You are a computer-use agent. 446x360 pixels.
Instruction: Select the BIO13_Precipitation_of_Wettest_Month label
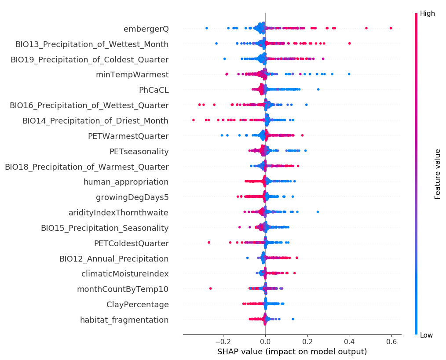click(92, 44)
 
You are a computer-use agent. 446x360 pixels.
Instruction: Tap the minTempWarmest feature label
click(132, 75)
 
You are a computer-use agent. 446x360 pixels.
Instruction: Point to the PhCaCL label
click(154, 90)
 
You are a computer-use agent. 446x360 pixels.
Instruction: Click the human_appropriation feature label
click(126, 182)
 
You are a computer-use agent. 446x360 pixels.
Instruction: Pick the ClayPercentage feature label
click(137, 305)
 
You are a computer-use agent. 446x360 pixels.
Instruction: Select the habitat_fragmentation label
click(124, 320)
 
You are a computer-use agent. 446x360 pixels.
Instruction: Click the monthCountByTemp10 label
click(123, 289)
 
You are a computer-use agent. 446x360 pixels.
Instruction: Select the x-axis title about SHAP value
click(292, 352)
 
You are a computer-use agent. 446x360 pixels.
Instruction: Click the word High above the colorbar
click(427, 14)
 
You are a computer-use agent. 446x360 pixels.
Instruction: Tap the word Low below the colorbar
click(426, 335)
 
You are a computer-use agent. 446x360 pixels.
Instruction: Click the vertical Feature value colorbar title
click(438, 174)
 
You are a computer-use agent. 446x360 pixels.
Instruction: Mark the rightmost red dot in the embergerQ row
click(391, 28)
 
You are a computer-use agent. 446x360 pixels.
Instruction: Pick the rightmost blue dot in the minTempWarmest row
click(349, 74)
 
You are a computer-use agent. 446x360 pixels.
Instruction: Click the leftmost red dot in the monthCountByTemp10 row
click(210, 288)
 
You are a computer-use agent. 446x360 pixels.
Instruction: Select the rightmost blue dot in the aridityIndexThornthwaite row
click(318, 212)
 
